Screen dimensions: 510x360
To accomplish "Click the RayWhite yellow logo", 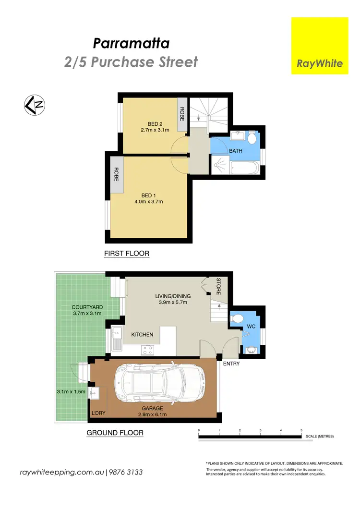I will (320, 46).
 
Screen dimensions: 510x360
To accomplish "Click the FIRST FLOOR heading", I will (127, 253).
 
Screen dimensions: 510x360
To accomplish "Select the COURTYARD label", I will (87, 307).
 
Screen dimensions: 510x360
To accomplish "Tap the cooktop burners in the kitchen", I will (147, 351).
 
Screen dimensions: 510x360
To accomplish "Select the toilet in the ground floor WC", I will (238, 318).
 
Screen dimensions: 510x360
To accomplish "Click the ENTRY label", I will (231, 364).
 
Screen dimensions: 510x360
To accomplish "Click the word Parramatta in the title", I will (131, 44).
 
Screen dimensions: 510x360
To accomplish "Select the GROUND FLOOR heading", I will (115, 433).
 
